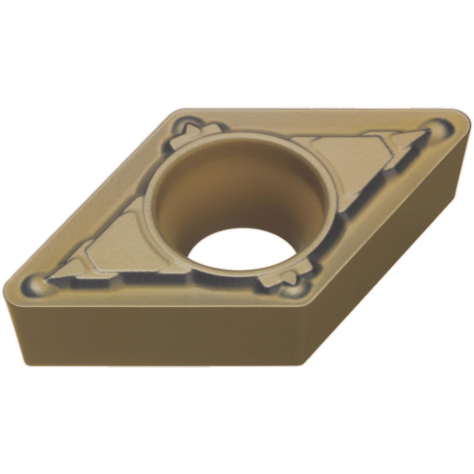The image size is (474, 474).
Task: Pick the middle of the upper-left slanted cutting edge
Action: click(x=90, y=199)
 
